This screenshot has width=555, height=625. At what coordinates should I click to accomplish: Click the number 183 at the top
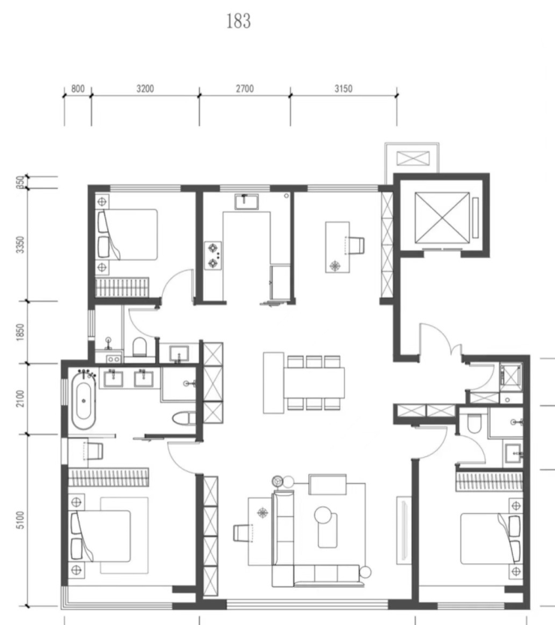pos(238,21)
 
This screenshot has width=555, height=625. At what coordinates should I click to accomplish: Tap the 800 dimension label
pos(78,89)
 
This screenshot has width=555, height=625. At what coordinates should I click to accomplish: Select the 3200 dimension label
pos(145,89)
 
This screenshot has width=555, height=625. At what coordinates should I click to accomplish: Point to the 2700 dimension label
pos(244,89)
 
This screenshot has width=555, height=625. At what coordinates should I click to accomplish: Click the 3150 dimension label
pos(343,89)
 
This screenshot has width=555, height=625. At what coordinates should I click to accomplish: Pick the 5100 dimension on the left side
pos(20,520)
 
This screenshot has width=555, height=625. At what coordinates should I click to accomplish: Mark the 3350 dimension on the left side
pos(20,245)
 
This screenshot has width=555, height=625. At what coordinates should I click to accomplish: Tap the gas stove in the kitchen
pos(213,256)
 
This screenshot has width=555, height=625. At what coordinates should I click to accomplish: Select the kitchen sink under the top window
pos(247,201)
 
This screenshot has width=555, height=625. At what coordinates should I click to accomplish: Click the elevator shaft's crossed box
pos(442,218)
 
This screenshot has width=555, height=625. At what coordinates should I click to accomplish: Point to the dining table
pos(314,382)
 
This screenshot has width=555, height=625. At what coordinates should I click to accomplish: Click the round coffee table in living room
pos(323,515)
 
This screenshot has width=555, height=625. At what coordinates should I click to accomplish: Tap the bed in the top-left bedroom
pos(127,235)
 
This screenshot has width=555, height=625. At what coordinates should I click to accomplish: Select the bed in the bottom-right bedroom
pos(491,539)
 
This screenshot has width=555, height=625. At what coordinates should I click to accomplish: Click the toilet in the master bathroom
pos(184,419)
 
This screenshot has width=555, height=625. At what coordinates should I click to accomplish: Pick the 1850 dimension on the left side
pos(20,332)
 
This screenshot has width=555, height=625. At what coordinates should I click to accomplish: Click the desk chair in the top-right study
pos(357,245)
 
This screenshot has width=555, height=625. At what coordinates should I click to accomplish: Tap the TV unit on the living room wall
pos(403,530)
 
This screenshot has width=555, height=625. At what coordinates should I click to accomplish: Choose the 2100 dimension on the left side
pos(20,398)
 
